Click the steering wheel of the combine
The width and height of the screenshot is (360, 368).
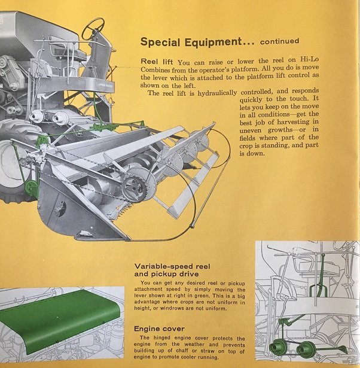click(94, 26)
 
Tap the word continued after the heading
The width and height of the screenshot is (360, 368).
click(276, 42)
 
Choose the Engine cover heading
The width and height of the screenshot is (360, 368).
click(158, 329)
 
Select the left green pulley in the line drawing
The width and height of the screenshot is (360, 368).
click(278, 347)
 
